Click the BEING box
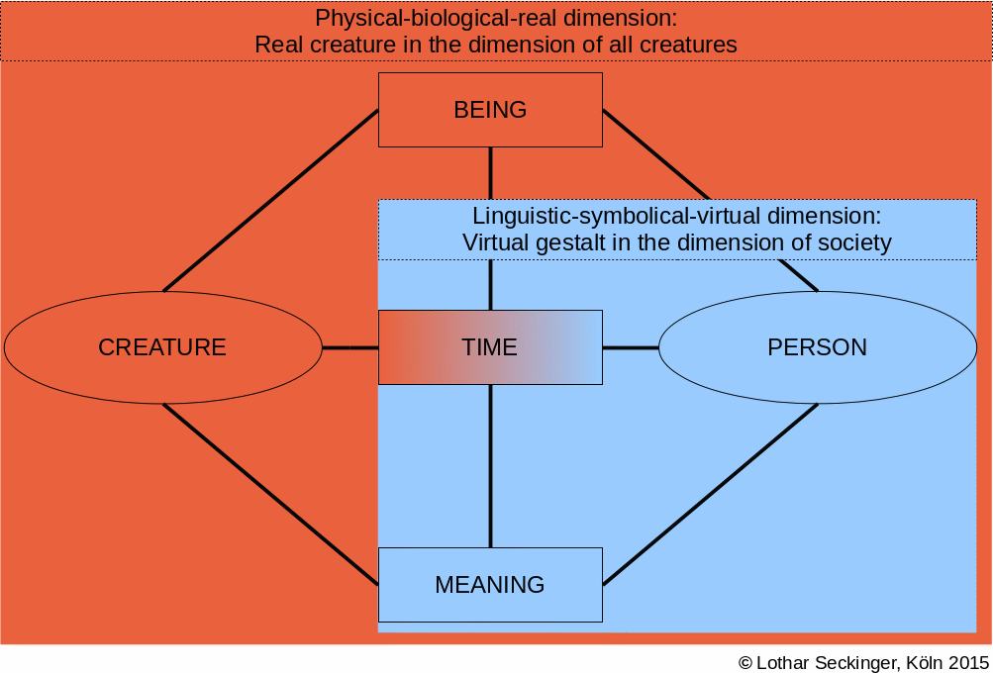pyautogui.click(x=490, y=110)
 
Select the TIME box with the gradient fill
pyautogui.click(x=490, y=347)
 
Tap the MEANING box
pyautogui.click(x=490, y=584)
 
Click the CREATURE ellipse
pyautogui.click(x=163, y=347)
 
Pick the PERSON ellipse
pyautogui.click(x=818, y=347)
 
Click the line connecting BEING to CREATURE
pyautogui.click(x=271, y=201)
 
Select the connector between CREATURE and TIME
pyautogui.click(x=350, y=347)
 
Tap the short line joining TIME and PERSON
pyautogui.click(x=631, y=347)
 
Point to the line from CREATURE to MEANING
pyautogui.click(x=271, y=494)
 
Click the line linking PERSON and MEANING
pyautogui.click(x=711, y=494)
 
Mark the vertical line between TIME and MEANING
pyautogui.click(x=491, y=466)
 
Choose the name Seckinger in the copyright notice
pyautogui.click(x=860, y=663)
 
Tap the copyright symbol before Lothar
pyautogui.click(x=745, y=662)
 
